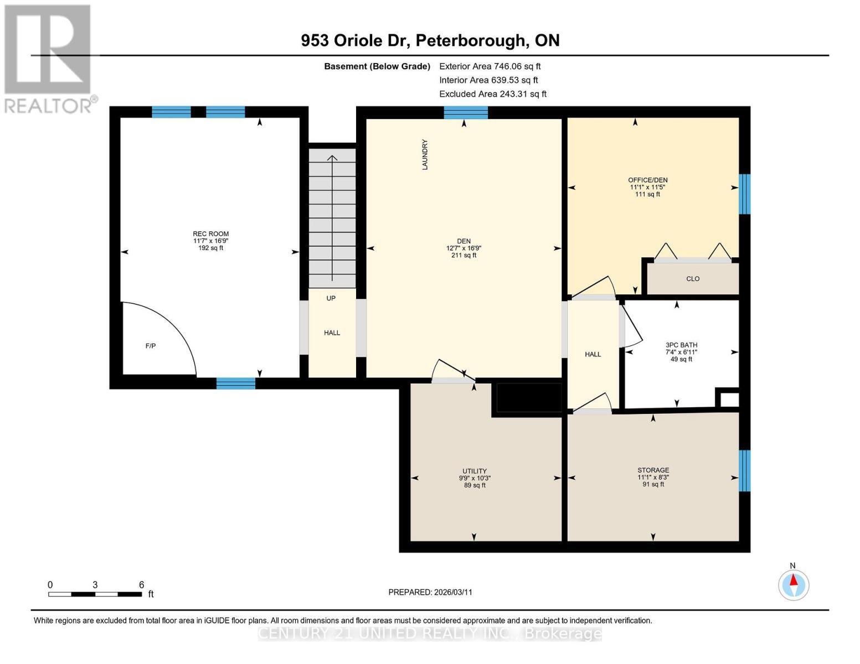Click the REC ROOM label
coord(210,234)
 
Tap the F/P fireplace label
coord(151,346)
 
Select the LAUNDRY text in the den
coord(425,154)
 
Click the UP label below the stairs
coord(331,299)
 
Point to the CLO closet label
coord(693,279)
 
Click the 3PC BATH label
coord(681,345)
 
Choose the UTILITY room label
coord(475,471)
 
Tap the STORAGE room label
coord(653,470)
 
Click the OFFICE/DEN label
coord(647,180)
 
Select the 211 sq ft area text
coord(464,256)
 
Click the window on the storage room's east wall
coord(745,470)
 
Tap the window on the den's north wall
coord(466,113)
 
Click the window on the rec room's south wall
coord(236,383)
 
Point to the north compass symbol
coord(794,584)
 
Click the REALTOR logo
coord(49,58)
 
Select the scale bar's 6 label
coord(141,585)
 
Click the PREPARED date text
coord(430,592)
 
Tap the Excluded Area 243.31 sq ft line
coord(493,94)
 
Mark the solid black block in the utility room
coord(528,397)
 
